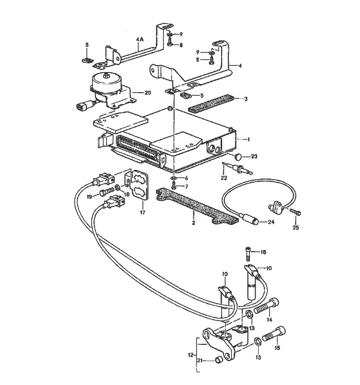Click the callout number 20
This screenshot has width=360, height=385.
pyautogui.click(x=148, y=93)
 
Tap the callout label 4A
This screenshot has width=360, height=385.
pyautogui.click(x=140, y=39)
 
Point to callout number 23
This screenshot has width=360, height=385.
pyautogui.click(x=254, y=156)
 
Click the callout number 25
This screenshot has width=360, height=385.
pyautogui.click(x=296, y=227)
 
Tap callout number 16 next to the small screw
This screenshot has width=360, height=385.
pyautogui.click(x=264, y=252)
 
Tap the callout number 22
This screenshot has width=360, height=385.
pyautogui.click(x=223, y=178)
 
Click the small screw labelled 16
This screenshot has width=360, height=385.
pyautogui.click(x=247, y=253)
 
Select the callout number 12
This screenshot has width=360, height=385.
pyautogui.click(x=191, y=355)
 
